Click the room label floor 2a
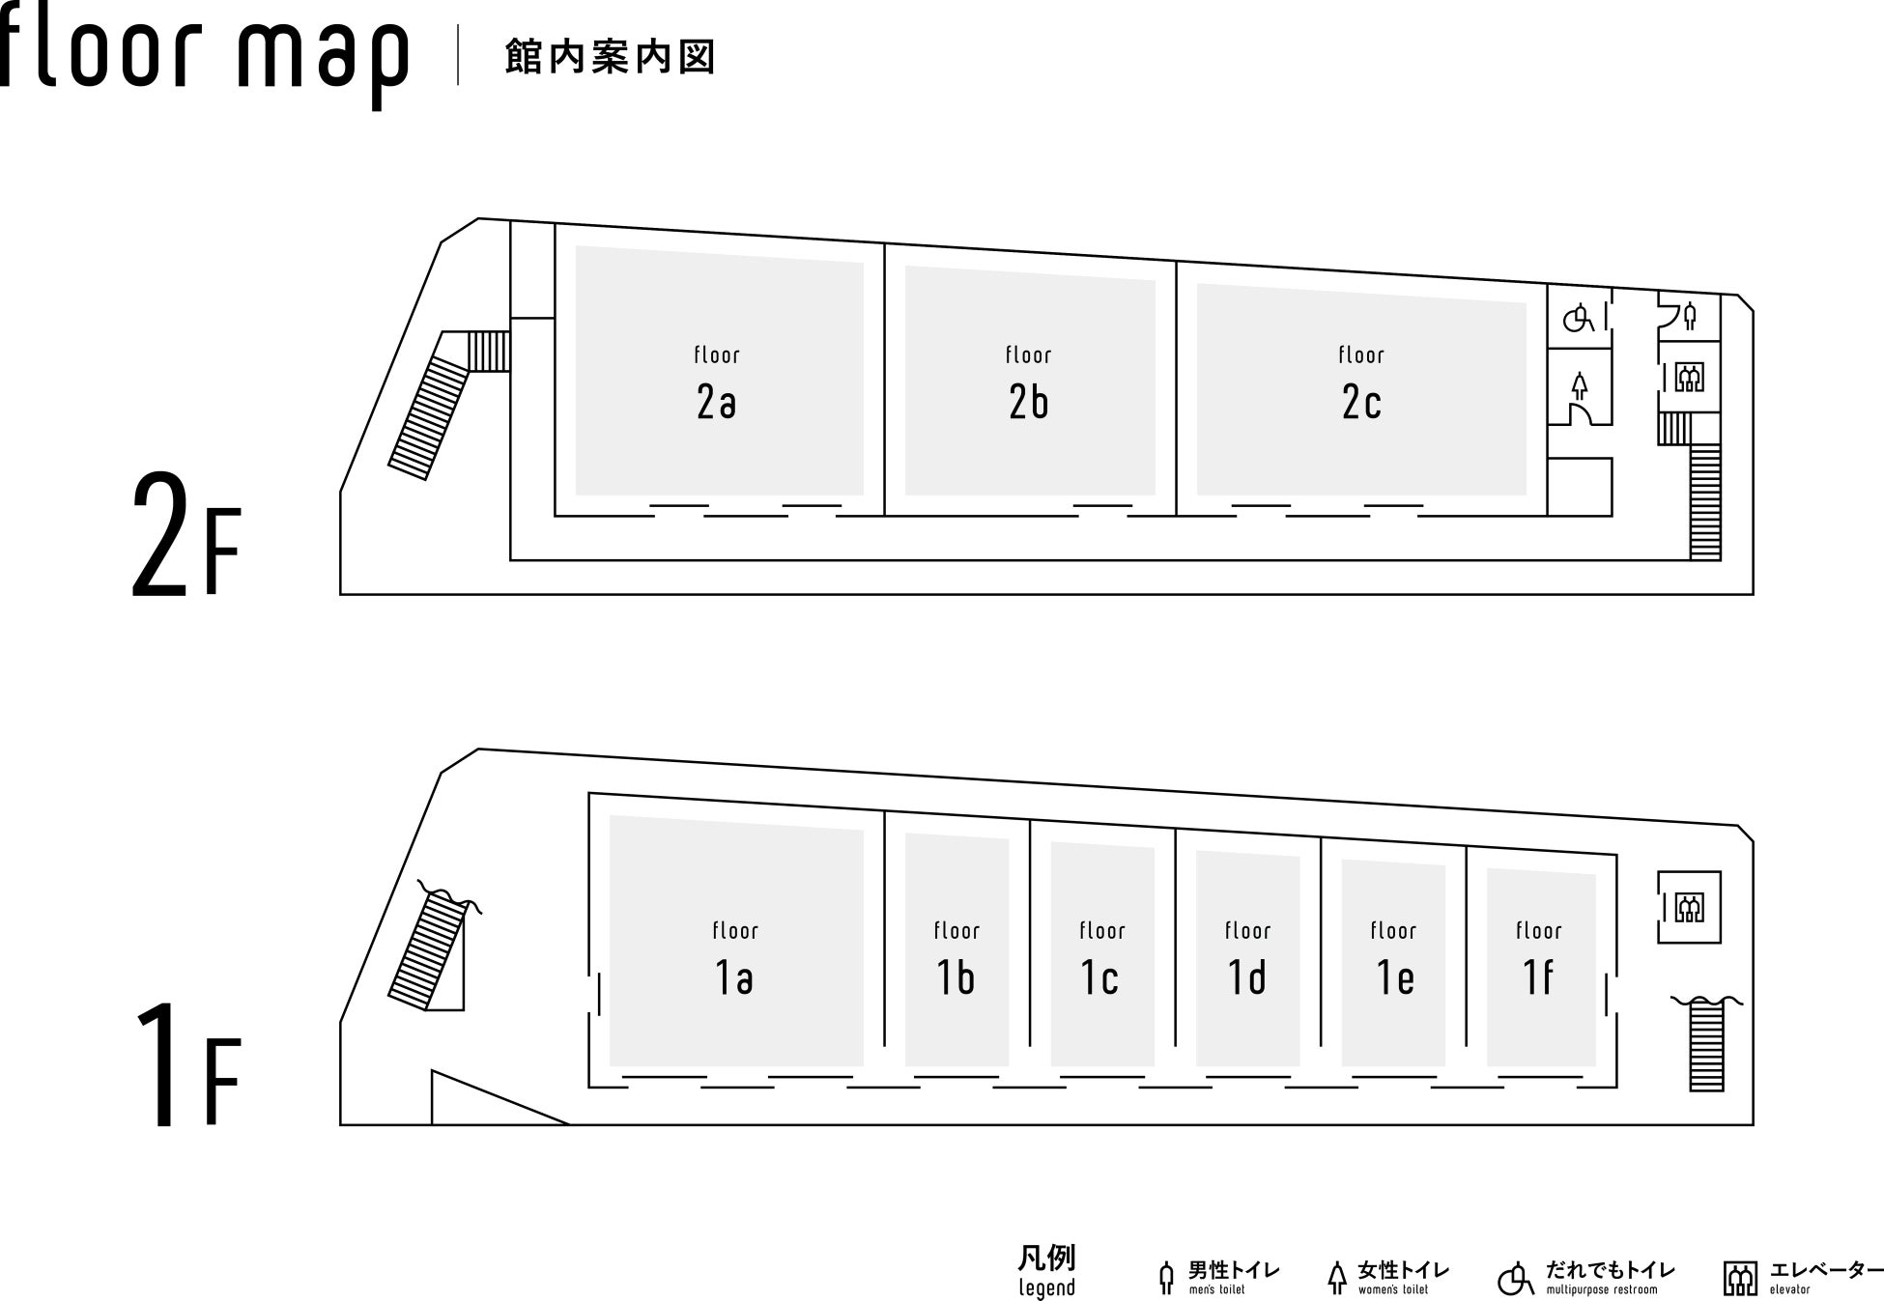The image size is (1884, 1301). click(717, 386)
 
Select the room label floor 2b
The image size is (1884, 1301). click(1028, 386)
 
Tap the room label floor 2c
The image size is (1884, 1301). click(1361, 386)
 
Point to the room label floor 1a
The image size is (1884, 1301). click(734, 962)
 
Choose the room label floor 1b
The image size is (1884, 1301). click(956, 962)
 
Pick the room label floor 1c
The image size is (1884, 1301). click(1101, 962)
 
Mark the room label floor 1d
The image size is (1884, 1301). click(1247, 962)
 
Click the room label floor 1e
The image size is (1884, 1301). click(1393, 962)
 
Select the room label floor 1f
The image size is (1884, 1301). click(1538, 962)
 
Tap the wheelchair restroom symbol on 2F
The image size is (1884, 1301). click(1579, 318)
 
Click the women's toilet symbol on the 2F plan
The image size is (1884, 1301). click(1579, 386)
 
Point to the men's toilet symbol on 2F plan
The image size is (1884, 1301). click(1689, 316)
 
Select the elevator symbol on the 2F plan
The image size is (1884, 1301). click(1689, 377)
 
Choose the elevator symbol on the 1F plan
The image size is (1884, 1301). click(1689, 908)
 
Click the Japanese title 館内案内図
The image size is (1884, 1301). click(610, 57)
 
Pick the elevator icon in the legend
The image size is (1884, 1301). click(1740, 1278)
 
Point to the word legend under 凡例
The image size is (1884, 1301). click(1046, 1287)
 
